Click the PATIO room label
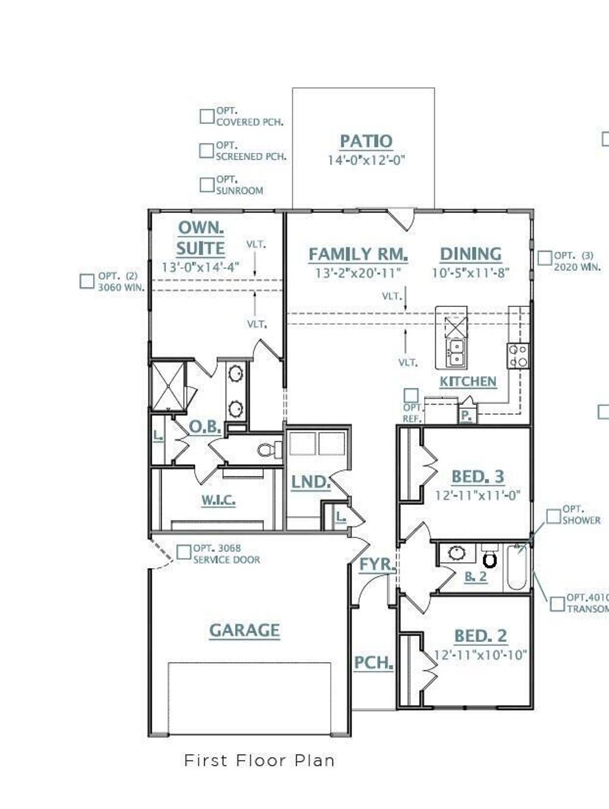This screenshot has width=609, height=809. click(366, 142)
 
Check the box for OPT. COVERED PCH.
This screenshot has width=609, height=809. click(206, 116)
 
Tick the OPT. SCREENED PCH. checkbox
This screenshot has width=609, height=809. click(206, 150)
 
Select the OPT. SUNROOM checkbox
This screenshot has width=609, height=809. click(206, 185)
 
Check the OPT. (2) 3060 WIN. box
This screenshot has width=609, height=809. click(87, 281)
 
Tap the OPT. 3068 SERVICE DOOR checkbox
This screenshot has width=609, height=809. click(184, 552)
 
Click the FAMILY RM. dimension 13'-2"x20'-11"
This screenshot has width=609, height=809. click(358, 273)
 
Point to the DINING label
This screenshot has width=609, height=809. click(470, 254)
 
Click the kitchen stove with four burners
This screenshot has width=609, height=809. click(517, 356)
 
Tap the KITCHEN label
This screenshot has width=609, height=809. click(467, 381)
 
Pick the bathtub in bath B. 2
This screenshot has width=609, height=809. click(517, 568)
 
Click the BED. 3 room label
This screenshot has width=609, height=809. click(478, 476)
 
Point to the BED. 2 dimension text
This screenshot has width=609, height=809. click(480, 655)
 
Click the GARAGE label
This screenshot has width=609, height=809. click(244, 631)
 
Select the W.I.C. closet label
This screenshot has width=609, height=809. click(218, 500)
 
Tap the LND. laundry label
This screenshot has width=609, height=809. click(310, 482)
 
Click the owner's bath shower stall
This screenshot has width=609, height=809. click(168, 387)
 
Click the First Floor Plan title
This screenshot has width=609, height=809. click(259, 760)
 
